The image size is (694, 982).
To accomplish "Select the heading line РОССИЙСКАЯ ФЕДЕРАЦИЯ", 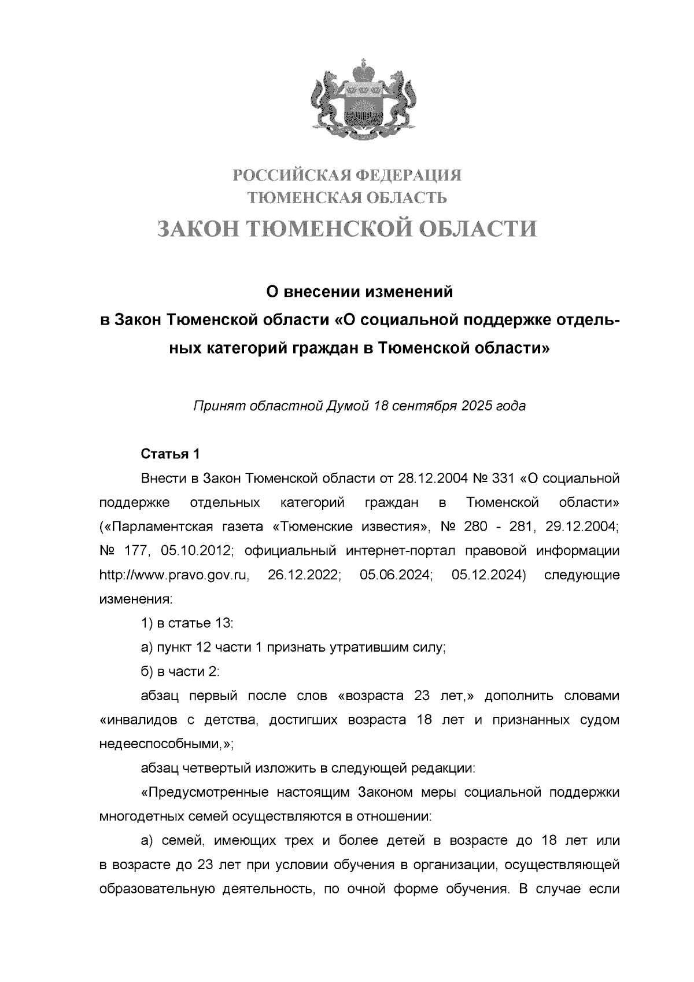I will click(347, 174).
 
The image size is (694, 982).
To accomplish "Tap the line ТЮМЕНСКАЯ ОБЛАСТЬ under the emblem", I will click(347, 198).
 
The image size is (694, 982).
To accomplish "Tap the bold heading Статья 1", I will click(170, 454).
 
